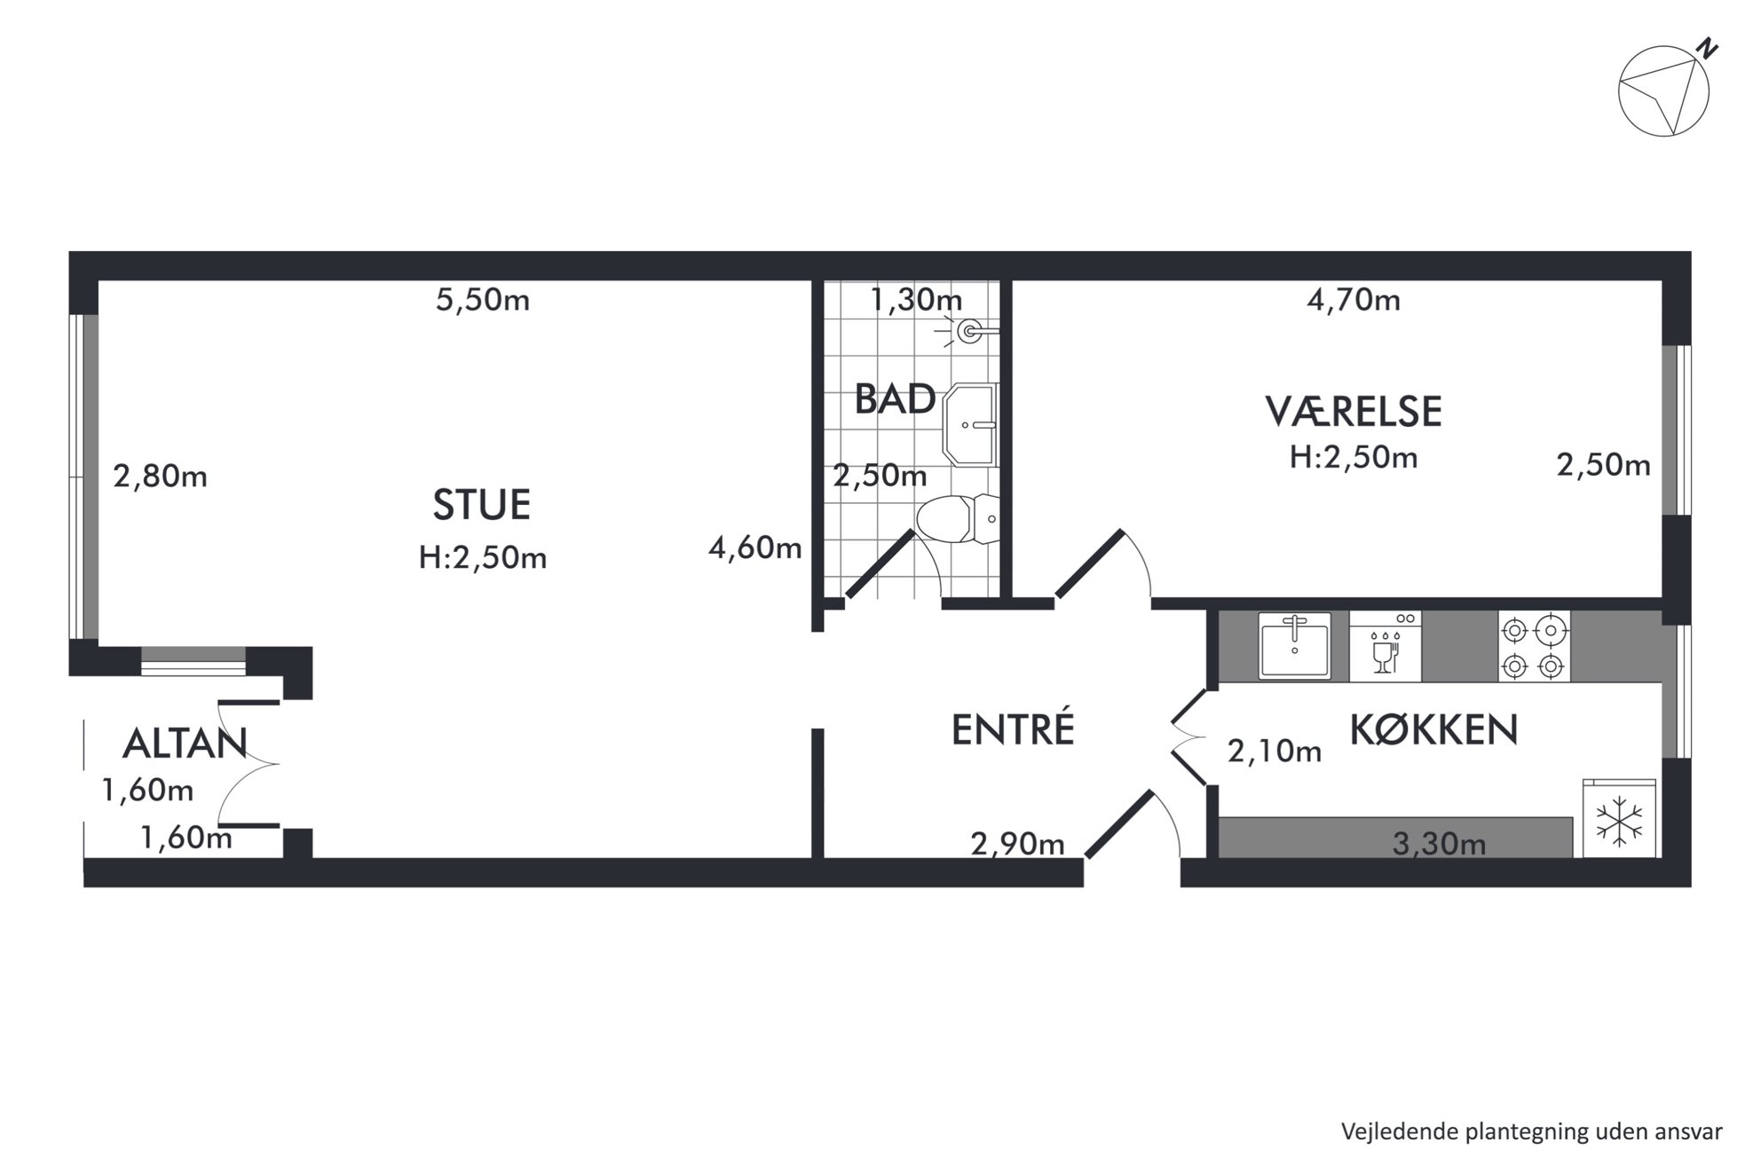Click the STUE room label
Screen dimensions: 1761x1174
click(481, 505)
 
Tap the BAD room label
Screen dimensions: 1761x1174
click(895, 399)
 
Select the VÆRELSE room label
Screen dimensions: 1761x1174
click(1354, 411)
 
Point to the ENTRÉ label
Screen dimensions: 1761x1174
click(1013, 729)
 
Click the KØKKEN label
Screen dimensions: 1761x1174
click(1433, 729)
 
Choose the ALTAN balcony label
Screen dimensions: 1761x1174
click(185, 744)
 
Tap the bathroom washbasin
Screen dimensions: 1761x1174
click(970, 425)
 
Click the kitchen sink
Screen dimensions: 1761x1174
click(1294, 645)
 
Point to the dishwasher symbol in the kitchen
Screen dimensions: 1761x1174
click(1385, 646)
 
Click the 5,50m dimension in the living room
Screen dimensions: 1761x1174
click(482, 300)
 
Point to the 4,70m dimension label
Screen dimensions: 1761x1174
click(1354, 300)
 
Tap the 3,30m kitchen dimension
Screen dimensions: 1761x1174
click(1439, 843)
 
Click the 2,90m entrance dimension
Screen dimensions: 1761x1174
click(1017, 843)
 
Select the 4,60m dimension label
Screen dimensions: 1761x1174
click(754, 548)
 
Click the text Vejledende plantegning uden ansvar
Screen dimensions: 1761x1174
click(1531, 1131)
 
